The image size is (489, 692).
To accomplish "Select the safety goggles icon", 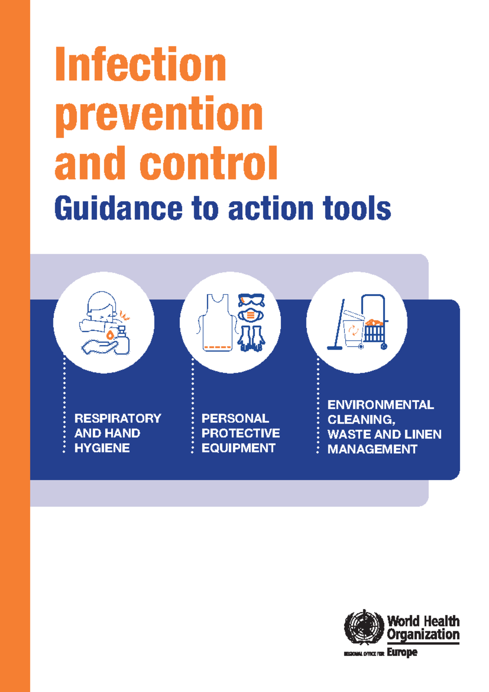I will [x=251, y=300].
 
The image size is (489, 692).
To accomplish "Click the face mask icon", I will [x=251, y=315].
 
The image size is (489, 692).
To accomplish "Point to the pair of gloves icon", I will [x=251, y=338].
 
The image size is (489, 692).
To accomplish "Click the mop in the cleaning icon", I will [x=338, y=326].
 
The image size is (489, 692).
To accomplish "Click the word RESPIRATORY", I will [x=118, y=418].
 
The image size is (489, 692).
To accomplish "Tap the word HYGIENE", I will [x=102, y=448].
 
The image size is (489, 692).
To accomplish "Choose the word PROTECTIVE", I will [x=240, y=433].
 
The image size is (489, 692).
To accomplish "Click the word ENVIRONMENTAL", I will [x=381, y=405].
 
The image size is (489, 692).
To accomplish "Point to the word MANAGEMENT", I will [x=372, y=449].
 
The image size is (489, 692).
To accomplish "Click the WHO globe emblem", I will [x=364, y=627].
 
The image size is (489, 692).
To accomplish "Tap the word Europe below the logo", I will [x=402, y=652].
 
